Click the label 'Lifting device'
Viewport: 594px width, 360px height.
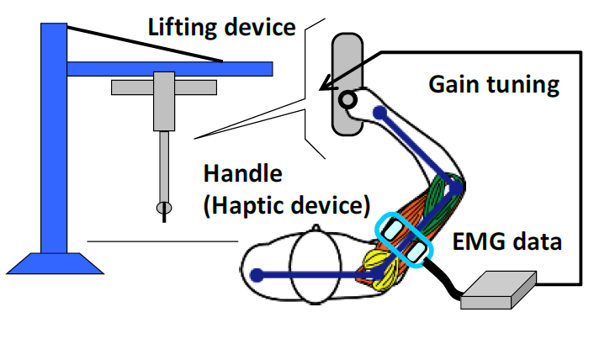coord(221,26)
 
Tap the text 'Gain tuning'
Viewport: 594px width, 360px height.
coord(493,84)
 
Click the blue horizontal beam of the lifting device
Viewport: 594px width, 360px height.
coord(168,67)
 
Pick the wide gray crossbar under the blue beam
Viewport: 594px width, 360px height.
coord(164,87)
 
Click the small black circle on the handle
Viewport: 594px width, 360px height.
coord(346,100)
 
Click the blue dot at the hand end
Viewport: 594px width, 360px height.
coord(257,273)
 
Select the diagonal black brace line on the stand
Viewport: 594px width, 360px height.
coord(143,42)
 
